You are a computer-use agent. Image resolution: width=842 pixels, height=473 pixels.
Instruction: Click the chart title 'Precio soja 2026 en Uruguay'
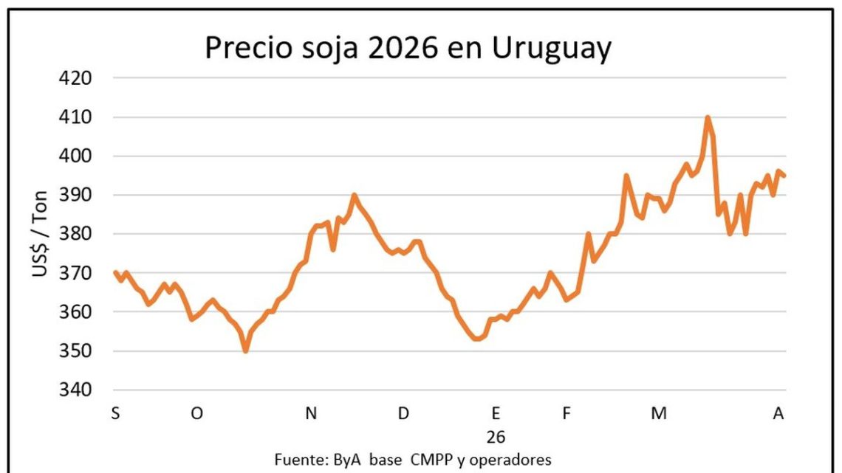tap(408, 49)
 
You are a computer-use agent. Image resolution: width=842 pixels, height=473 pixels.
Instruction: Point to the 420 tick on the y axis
tap(75, 78)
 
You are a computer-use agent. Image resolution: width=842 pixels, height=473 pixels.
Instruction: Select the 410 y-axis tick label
tap(75, 117)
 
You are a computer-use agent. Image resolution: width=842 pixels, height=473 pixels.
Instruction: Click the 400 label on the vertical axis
tap(75, 156)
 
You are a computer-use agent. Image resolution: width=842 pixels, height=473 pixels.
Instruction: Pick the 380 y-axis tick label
tap(75, 234)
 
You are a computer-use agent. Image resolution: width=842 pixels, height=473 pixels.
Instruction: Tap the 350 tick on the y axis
tap(75, 351)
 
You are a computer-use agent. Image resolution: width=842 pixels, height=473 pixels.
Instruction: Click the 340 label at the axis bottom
tap(75, 390)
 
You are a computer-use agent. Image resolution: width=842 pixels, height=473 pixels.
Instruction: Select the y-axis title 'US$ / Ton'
tap(40, 234)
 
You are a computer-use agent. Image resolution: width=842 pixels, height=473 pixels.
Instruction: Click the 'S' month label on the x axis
tap(115, 414)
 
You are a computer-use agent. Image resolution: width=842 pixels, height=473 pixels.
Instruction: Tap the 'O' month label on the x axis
tap(196, 414)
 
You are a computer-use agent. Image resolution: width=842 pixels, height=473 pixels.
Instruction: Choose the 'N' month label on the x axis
tap(311, 414)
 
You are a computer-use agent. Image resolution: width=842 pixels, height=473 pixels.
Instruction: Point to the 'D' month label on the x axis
tap(403, 414)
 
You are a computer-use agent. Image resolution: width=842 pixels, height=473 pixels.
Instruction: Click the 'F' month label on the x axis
tap(567, 414)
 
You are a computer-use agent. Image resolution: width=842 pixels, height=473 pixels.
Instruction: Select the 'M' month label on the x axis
tap(658, 414)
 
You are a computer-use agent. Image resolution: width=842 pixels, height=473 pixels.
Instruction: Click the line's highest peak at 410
tap(708, 117)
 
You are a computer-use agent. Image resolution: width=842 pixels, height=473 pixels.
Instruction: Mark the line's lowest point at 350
tap(246, 351)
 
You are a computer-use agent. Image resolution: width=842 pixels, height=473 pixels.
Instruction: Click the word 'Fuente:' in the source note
tap(298, 460)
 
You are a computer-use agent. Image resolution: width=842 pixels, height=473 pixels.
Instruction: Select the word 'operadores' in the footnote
tap(514, 460)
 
